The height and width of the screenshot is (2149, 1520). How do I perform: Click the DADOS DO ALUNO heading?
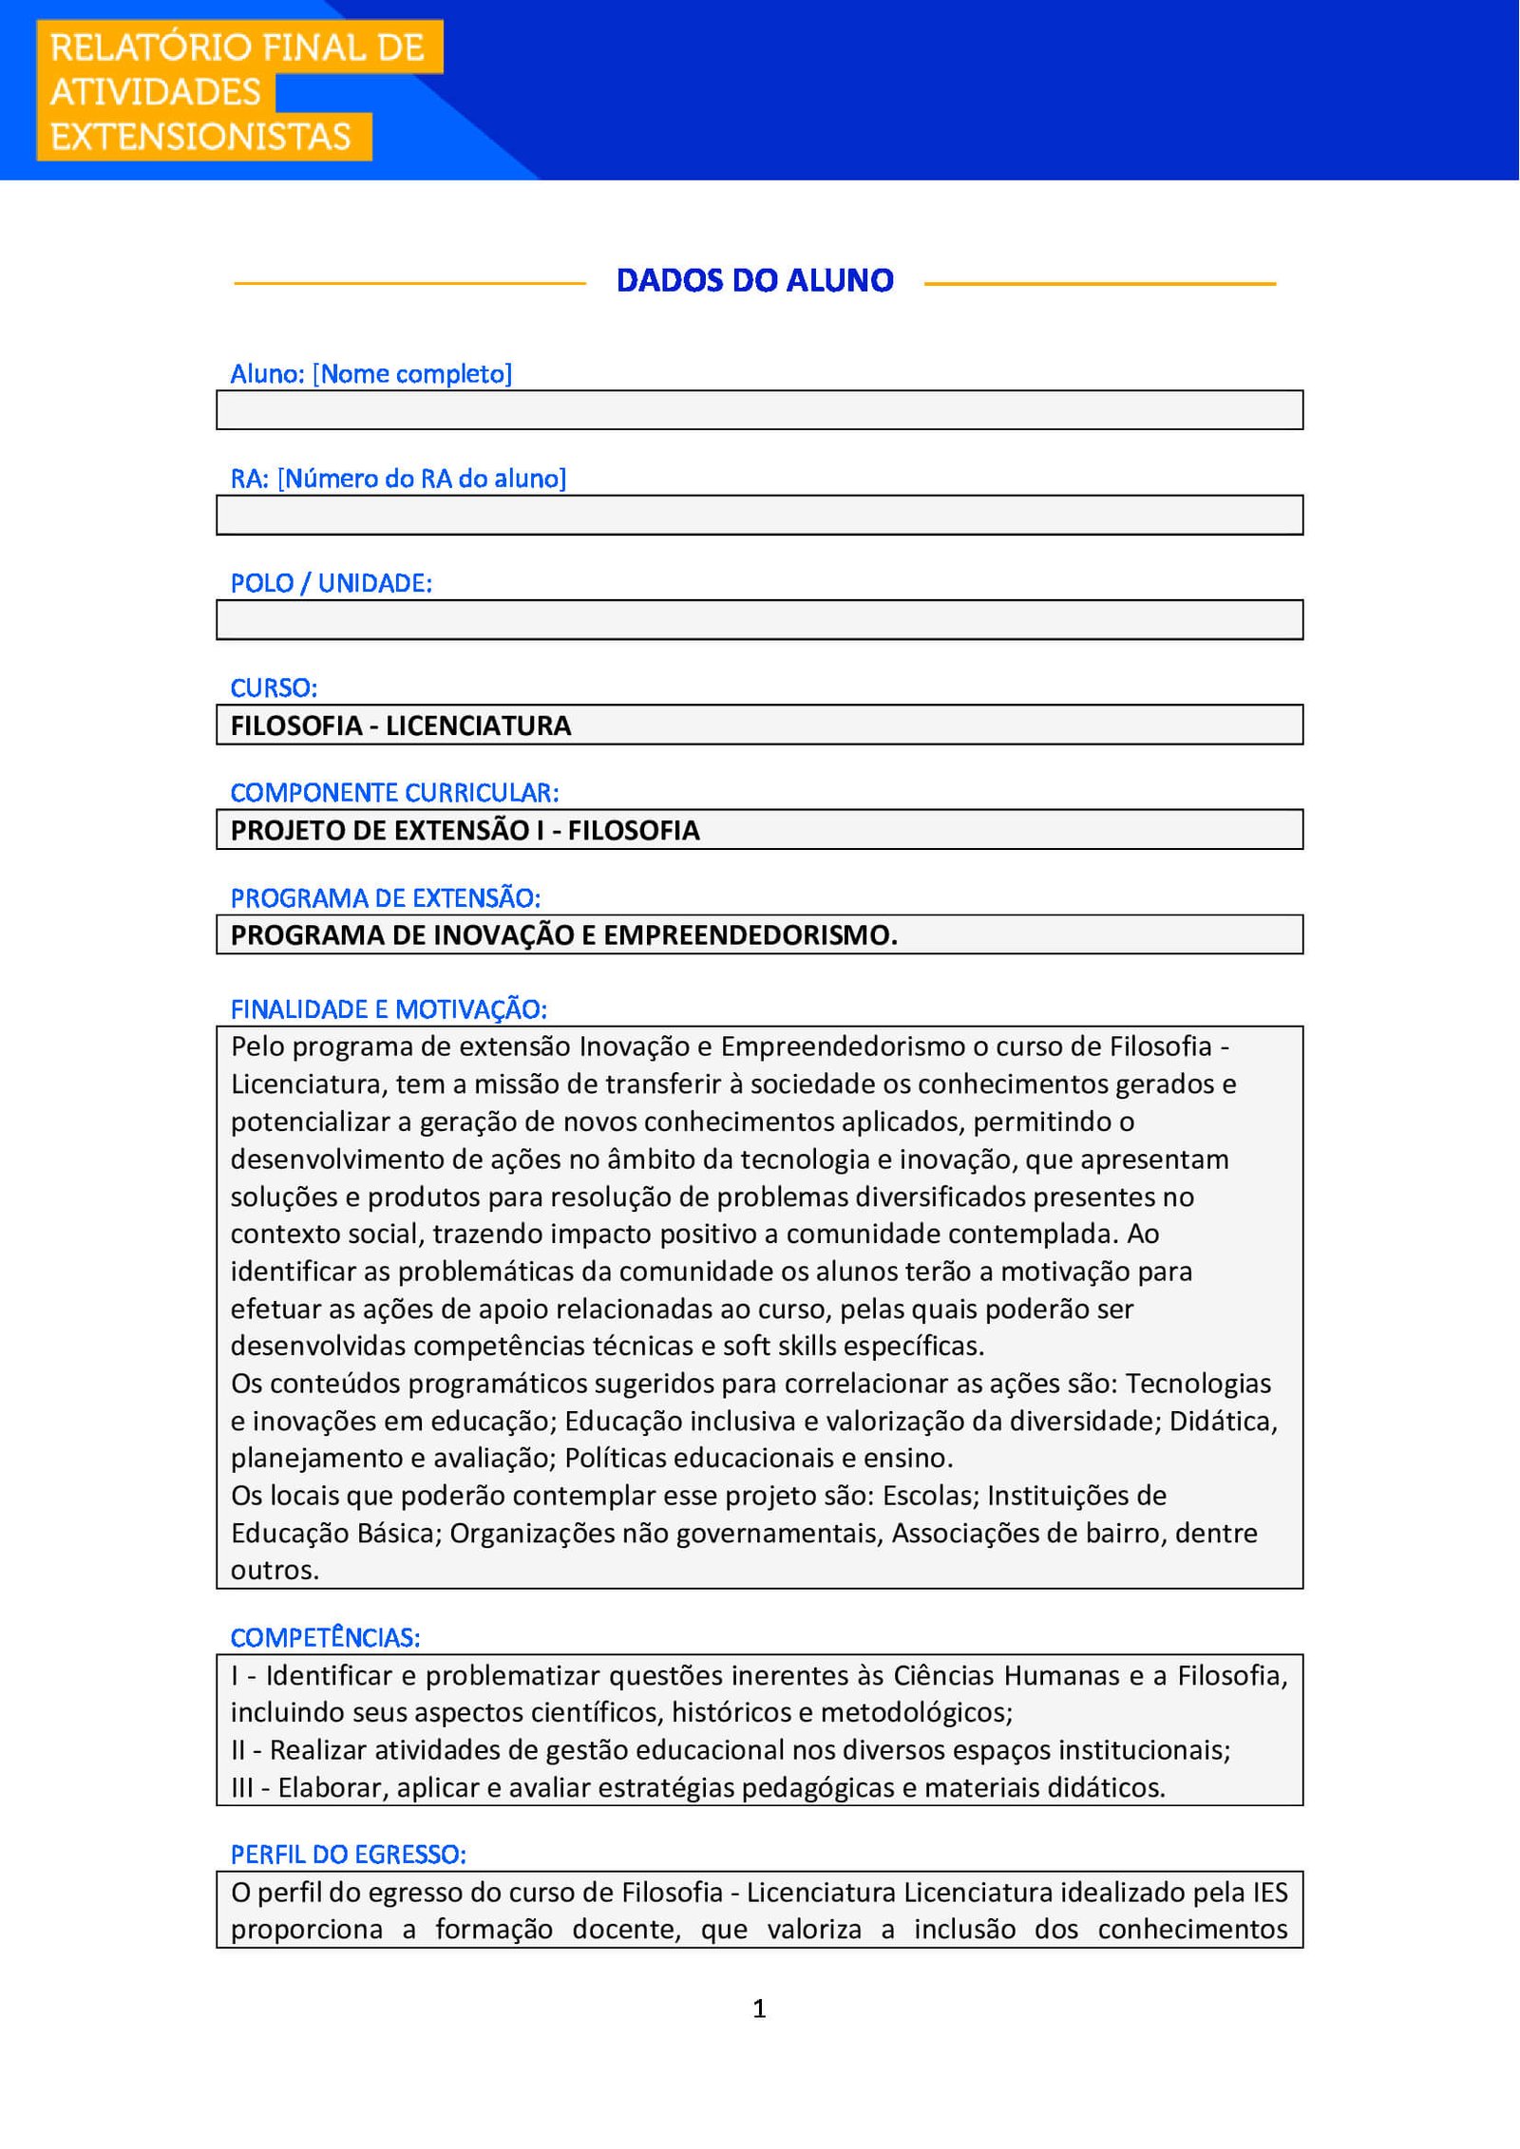(x=754, y=280)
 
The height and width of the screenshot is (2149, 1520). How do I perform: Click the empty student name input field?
(x=759, y=410)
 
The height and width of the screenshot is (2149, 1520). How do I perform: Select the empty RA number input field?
(x=759, y=515)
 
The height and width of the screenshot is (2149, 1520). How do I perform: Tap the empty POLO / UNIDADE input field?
(x=759, y=620)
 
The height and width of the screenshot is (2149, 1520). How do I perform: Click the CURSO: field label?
(x=274, y=688)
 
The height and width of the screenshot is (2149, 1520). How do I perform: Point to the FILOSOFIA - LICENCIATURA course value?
(x=400, y=726)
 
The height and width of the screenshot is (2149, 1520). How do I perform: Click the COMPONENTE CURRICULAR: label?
(x=394, y=792)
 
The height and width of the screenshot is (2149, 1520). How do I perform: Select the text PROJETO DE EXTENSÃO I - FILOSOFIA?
(x=465, y=830)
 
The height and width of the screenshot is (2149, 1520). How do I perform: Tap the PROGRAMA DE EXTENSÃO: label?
(x=385, y=897)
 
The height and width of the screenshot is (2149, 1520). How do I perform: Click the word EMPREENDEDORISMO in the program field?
(x=750, y=935)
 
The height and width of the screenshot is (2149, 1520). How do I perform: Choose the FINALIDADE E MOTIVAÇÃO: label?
(x=389, y=1009)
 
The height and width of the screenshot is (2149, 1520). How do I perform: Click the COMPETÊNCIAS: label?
(x=325, y=1637)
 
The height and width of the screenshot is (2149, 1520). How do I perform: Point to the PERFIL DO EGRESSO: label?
(x=348, y=1854)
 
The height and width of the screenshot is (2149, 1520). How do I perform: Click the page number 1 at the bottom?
(x=759, y=2008)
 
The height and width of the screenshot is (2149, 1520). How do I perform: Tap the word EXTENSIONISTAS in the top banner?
(x=200, y=137)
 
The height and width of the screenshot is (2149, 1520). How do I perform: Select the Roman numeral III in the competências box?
(x=242, y=1788)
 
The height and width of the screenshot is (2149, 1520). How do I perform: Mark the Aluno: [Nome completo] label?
(x=370, y=373)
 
